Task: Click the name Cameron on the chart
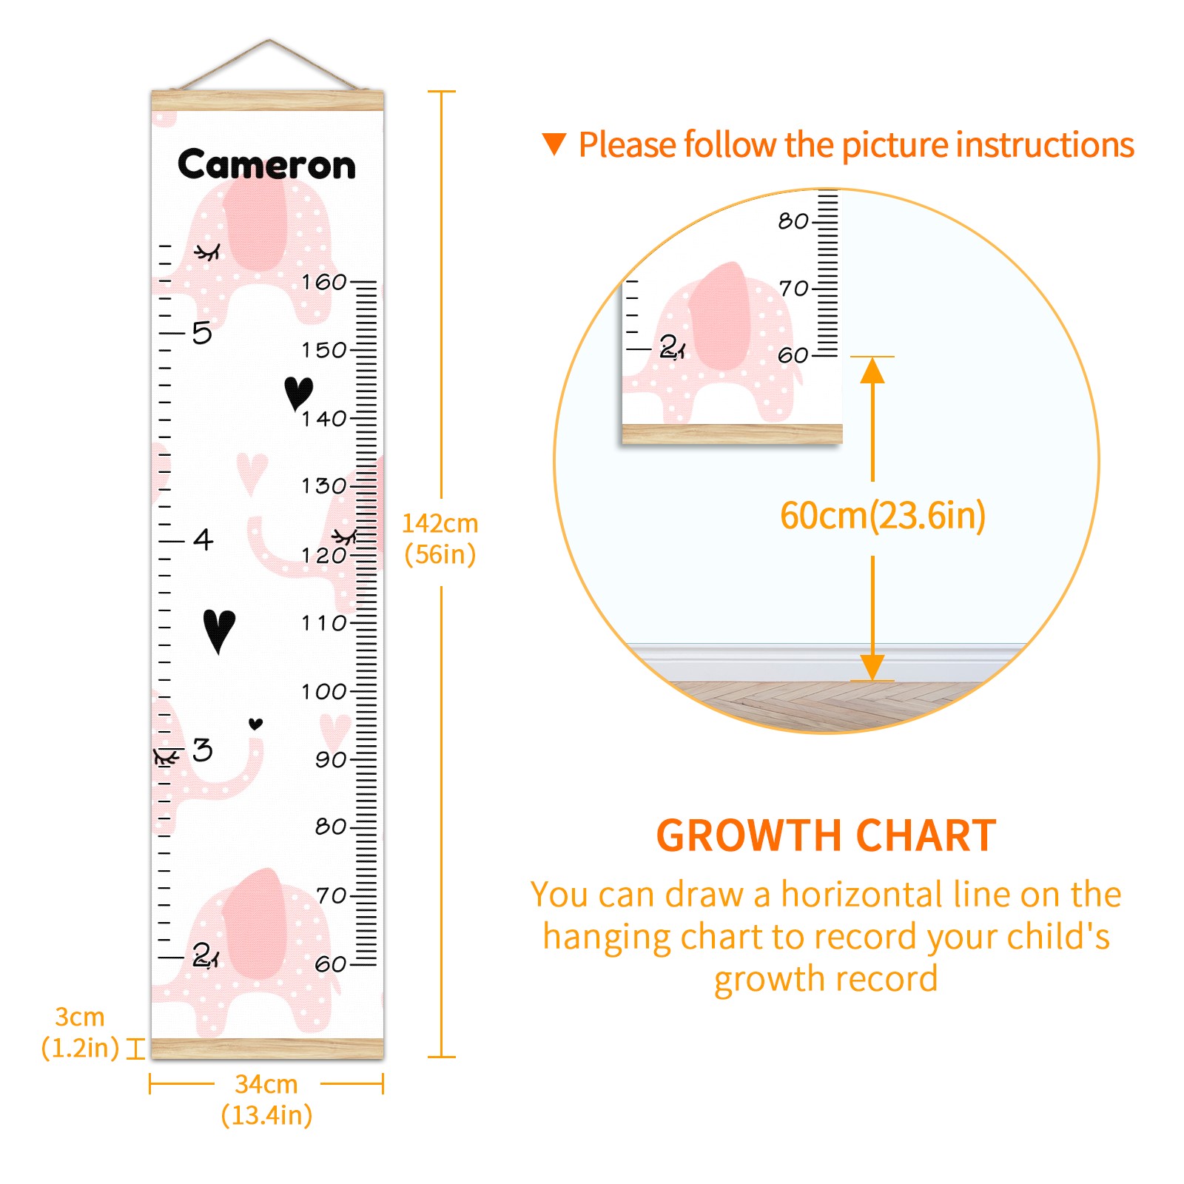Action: [x=266, y=164]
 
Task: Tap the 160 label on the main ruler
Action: [x=324, y=282]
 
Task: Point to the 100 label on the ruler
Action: [x=324, y=692]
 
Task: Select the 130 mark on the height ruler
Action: [x=324, y=486]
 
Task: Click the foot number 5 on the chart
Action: [x=202, y=333]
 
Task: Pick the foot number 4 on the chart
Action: [x=203, y=539]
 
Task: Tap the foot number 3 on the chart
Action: [x=203, y=750]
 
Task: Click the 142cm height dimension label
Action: [x=440, y=539]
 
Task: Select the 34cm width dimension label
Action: [x=266, y=1100]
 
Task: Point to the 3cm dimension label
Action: [x=80, y=1032]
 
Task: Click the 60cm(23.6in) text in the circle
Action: [x=883, y=515]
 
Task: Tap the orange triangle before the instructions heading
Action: [x=554, y=144]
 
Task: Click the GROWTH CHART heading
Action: [x=827, y=836]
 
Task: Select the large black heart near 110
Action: [x=219, y=630]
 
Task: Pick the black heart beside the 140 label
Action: [x=298, y=393]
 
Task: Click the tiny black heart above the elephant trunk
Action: [x=256, y=724]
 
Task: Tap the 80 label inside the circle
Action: [x=793, y=221]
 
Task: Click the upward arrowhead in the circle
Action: [x=872, y=370]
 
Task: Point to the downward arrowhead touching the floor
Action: [x=872, y=667]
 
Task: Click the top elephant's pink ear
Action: [x=255, y=224]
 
